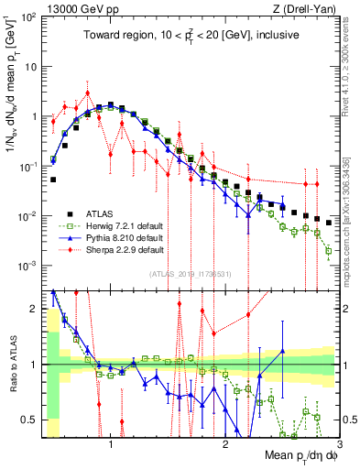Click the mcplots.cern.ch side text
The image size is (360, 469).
coord(354,220)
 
